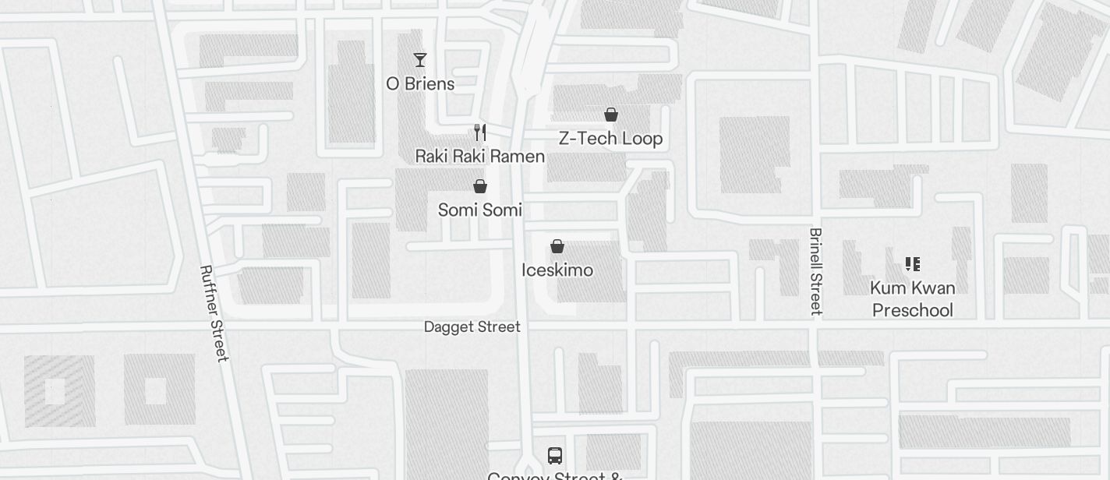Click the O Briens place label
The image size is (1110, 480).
click(x=420, y=83)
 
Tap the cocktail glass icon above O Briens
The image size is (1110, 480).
click(x=420, y=60)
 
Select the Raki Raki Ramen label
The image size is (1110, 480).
click(x=479, y=156)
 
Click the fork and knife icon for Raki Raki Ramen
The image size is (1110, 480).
click(x=480, y=132)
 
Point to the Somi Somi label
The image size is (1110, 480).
click(x=479, y=210)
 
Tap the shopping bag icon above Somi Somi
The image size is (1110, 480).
click(x=480, y=186)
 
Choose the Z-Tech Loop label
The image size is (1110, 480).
click(x=610, y=139)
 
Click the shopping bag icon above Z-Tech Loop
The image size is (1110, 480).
click(x=611, y=115)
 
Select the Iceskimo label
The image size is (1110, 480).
click(x=557, y=270)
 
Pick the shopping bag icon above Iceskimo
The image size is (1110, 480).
click(x=557, y=247)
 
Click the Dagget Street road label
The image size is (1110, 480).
click(x=472, y=327)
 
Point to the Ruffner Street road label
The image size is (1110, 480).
click(x=213, y=313)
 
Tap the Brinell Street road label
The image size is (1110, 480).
click(x=816, y=271)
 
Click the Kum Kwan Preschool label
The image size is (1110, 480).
click(x=912, y=299)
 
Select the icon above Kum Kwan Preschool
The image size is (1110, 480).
click(x=913, y=264)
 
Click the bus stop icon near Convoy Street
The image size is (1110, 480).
click(x=555, y=455)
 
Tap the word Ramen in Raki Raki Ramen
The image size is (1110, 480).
click(x=519, y=156)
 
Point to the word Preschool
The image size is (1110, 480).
click(x=912, y=310)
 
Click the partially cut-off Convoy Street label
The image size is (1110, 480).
click(x=554, y=475)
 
